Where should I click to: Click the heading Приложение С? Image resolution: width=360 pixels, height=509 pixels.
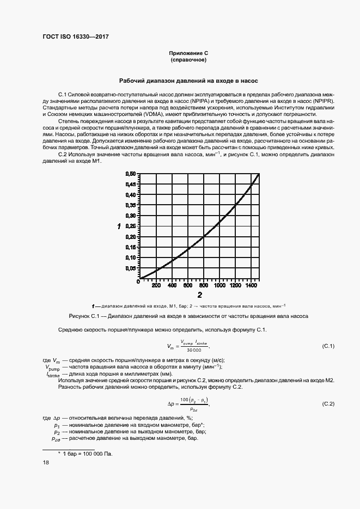[188, 53]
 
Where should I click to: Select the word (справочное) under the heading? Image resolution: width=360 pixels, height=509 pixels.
[188, 59]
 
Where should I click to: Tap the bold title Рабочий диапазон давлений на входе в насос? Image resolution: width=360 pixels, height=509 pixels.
[188, 80]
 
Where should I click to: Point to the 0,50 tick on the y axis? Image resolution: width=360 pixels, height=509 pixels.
[130, 174]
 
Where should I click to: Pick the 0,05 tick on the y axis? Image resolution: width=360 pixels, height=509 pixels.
[130, 268]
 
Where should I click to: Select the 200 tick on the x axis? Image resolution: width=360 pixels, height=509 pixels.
[156, 285]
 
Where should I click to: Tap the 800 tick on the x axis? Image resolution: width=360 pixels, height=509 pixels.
[203, 285]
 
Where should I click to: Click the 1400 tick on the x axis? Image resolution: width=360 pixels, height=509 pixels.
[251, 285]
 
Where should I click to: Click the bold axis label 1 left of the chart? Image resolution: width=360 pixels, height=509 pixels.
[119, 226]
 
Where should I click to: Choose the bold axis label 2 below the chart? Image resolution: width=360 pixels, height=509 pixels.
[200, 296]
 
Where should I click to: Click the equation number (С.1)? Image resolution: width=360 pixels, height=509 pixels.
[328, 346]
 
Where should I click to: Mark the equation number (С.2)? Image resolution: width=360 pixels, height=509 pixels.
[328, 403]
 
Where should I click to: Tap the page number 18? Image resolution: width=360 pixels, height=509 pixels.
[46, 462]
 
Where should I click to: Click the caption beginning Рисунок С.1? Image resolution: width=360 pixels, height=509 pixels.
[188, 316]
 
